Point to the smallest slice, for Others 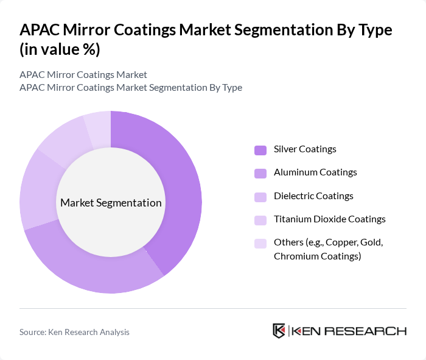tap(98, 127)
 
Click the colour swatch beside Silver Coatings tap(260, 150)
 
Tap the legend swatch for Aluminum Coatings tap(260, 173)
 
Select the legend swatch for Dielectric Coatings tap(260, 197)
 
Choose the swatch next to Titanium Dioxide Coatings tap(260, 220)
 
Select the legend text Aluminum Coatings tap(315, 172)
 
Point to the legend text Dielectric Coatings tap(313, 196)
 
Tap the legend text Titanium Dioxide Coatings tap(329, 219)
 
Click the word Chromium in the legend tap(295, 256)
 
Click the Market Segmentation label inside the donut tap(111, 203)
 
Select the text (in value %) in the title tap(60, 49)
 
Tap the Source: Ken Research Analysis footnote tap(74, 332)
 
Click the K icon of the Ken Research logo tap(279, 331)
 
